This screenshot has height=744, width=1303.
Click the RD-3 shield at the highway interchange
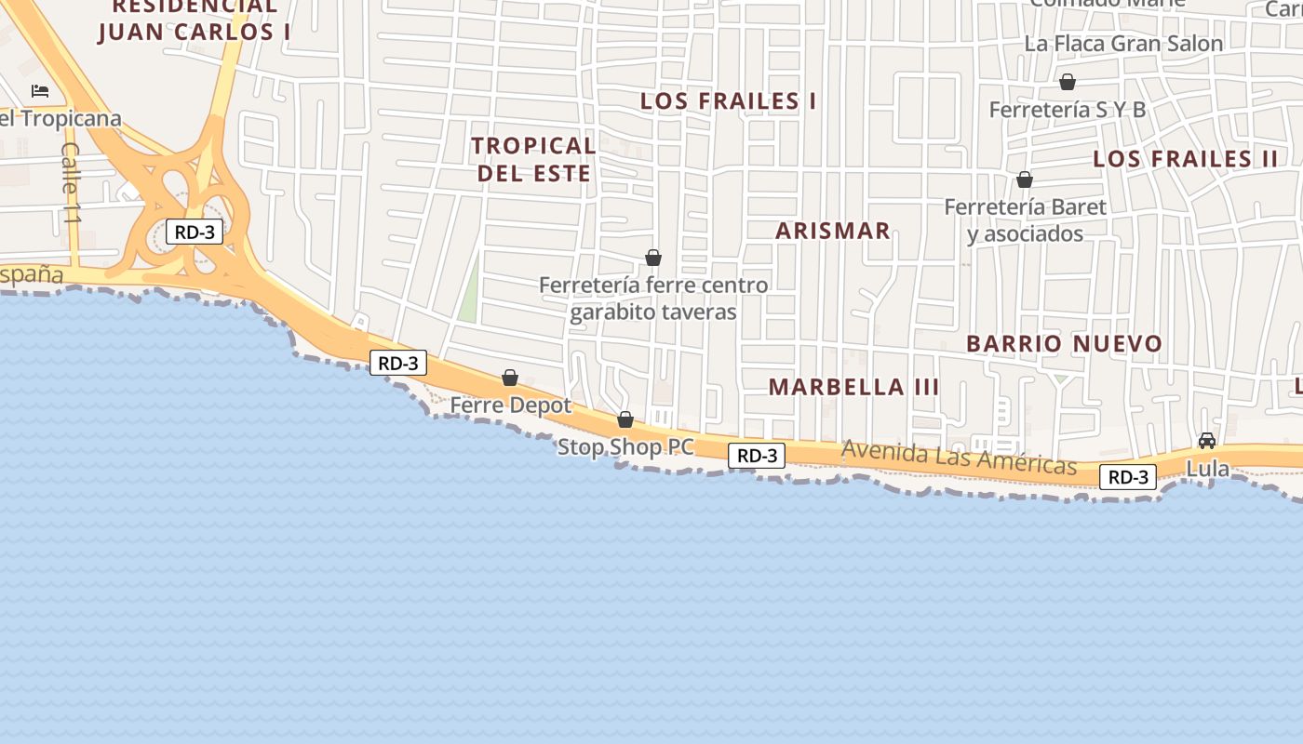pyautogui.click(x=195, y=232)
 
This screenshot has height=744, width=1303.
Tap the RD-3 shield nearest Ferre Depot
pyautogui.click(x=398, y=363)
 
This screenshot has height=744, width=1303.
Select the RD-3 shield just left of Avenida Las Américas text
pyautogui.click(x=757, y=456)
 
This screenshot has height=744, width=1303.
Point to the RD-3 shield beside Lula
pyautogui.click(x=1128, y=477)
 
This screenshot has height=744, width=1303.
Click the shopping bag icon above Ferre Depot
pyautogui.click(x=510, y=378)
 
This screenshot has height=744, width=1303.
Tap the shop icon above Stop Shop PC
pyautogui.click(x=625, y=419)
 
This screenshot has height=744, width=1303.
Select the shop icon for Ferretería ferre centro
pyautogui.click(x=653, y=258)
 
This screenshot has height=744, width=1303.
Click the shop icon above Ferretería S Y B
pyautogui.click(x=1068, y=82)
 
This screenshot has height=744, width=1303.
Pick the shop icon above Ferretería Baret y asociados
pyautogui.click(x=1025, y=179)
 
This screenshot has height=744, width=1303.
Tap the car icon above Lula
pyautogui.click(x=1207, y=441)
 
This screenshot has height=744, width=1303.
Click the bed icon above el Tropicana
pyautogui.click(x=40, y=91)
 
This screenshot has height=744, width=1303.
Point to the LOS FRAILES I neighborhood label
pyautogui.click(x=728, y=101)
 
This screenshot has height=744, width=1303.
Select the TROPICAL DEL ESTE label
pyautogui.click(x=533, y=159)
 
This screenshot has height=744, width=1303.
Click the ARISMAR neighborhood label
pyautogui.click(x=833, y=231)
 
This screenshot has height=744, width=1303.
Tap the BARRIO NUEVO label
pyautogui.click(x=1064, y=343)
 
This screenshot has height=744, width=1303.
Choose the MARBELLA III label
pyautogui.click(x=853, y=387)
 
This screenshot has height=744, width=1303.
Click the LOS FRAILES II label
pyautogui.click(x=1186, y=158)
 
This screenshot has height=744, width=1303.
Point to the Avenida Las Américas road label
pyautogui.click(x=959, y=458)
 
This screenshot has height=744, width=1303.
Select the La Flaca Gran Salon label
pyautogui.click(x=1123, y=44)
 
